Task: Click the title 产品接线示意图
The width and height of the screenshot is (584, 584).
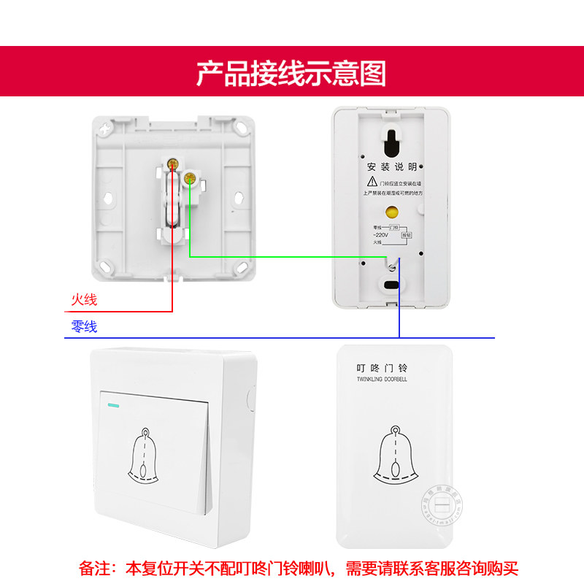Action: click(x=291, y=74)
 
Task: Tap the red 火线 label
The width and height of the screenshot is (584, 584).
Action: click(x=84, y=299)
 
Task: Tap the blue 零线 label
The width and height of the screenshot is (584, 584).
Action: click(x=84, y=327)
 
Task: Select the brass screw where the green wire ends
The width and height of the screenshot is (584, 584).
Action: click(x=190, y=177)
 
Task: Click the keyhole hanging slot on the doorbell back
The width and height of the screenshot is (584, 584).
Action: click(x=392, y=139)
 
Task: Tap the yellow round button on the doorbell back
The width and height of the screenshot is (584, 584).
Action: click(x=391, y=213)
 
